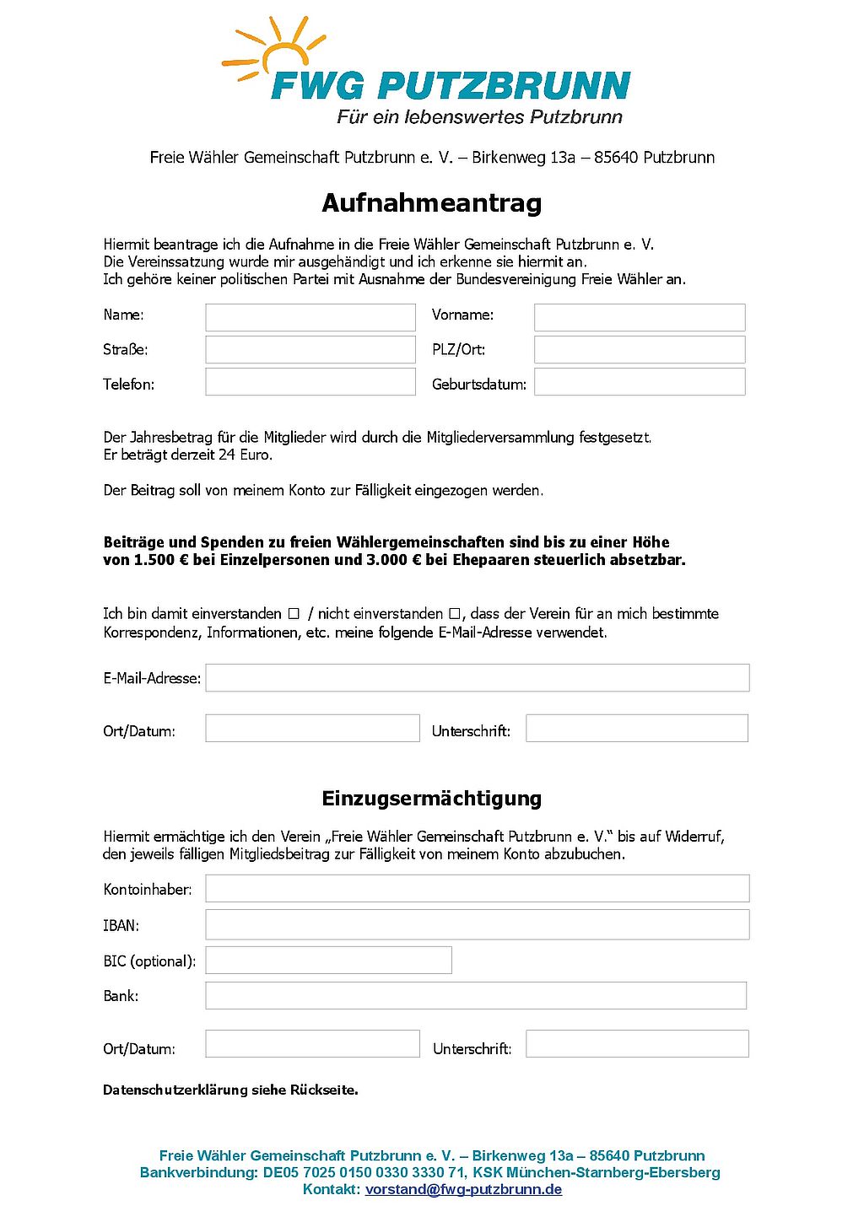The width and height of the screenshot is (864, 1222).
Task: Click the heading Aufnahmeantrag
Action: tap(431, 203)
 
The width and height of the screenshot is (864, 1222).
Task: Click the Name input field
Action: tap(310, 317)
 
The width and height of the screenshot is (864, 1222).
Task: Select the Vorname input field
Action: tap(640, 317)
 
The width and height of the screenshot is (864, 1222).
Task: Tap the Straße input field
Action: tap(310, 349)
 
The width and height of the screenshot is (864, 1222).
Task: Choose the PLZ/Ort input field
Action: tap(640, 349)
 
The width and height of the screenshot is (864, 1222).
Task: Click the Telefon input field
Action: tap(310, 382)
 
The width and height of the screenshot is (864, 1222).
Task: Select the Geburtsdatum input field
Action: tap(640, 382)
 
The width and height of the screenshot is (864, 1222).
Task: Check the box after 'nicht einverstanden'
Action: tap(455, 614)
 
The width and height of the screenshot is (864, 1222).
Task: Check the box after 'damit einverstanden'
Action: tap(294, 614)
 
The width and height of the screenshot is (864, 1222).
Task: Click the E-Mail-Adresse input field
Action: tap(478, 678)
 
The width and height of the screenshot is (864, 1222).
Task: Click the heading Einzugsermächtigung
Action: tap(431, 799)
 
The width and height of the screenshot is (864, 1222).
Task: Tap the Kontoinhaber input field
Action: tap(478, 888)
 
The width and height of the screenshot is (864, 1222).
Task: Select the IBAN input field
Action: tap(478, 924)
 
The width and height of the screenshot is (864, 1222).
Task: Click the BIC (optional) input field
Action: tap(328, 960)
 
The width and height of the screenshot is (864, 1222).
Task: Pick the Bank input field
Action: tap(476, 995)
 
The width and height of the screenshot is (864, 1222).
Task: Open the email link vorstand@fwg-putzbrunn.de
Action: tap(463, 1190)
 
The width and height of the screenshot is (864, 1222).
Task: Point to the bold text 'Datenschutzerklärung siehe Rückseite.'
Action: tap(230, 1090)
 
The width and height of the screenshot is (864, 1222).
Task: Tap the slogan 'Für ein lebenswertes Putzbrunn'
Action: tap(479, 117)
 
